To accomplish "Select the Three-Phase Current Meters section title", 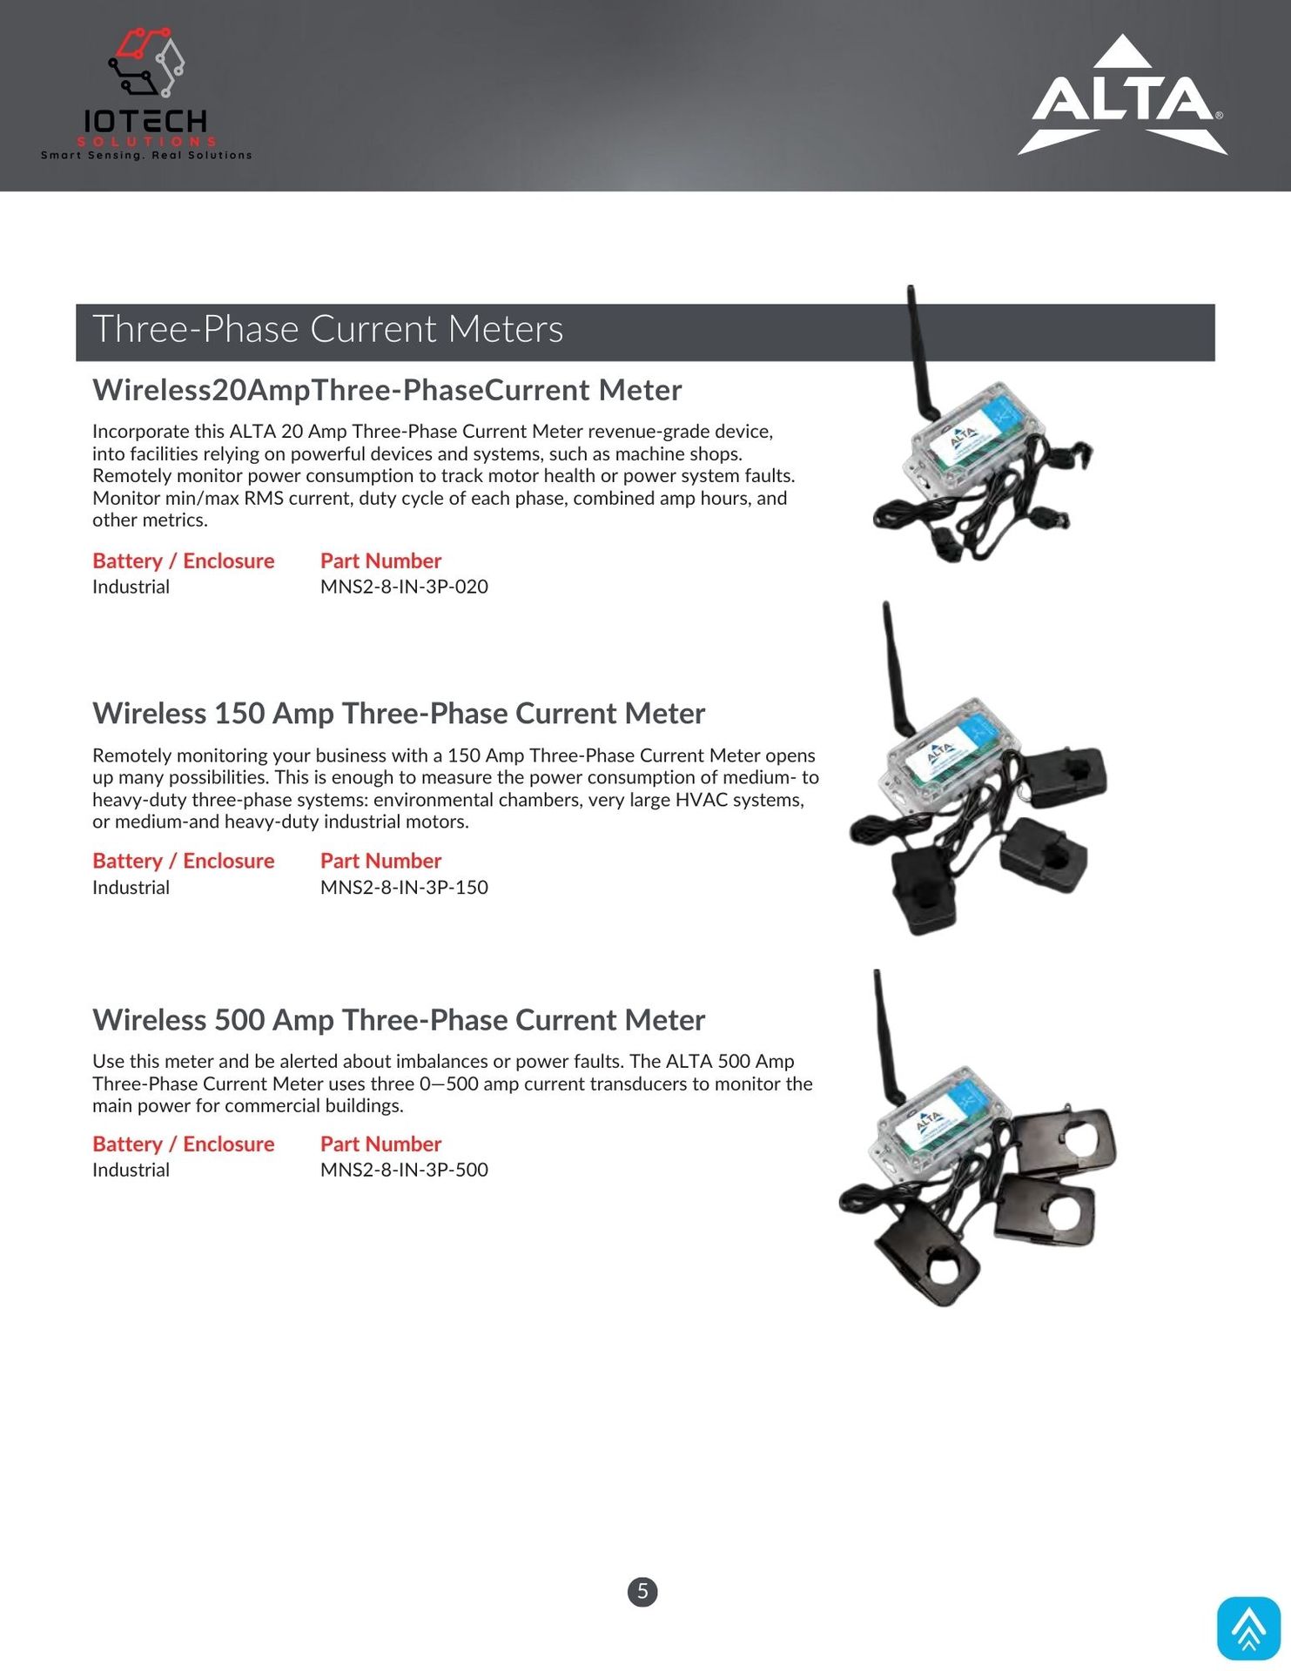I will click(x=327, y=330).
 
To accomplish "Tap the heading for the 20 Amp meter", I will click(x=387, y=391).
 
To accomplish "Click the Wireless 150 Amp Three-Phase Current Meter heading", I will click(x=398, y=714).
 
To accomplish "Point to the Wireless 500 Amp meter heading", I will click(x=398, y=1020).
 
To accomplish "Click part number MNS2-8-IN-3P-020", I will click(x=404, y=587).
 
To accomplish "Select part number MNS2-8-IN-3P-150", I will click(x=404, y=888).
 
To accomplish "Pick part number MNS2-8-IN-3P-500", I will click(x=404, y=1171).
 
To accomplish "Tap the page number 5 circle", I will click(x=642, y=1592).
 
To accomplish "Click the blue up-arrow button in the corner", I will click(x=1248, y=1627).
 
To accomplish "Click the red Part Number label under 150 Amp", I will click(x=380, y=862).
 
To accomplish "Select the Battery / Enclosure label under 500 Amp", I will click(x=183, y=1144).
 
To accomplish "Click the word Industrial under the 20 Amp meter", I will click(x=131, y=587).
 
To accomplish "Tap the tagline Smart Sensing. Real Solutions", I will click(x=146, y=156).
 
